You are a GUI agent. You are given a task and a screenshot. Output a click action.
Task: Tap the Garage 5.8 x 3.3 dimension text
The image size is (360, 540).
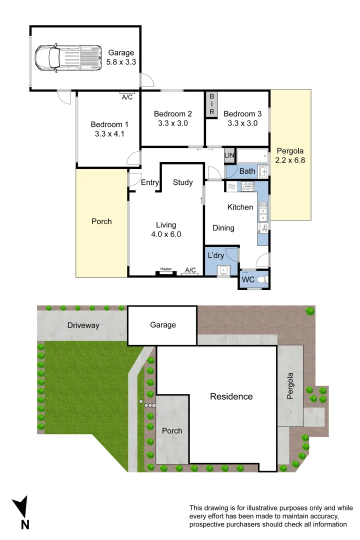122,57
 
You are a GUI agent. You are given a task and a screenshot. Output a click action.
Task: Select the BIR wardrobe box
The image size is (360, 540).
211,104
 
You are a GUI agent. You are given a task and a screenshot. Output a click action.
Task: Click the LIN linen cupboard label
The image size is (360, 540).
229,156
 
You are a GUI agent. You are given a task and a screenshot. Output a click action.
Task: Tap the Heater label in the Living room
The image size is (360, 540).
166,269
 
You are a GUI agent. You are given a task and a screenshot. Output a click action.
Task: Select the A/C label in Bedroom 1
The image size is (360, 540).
127,97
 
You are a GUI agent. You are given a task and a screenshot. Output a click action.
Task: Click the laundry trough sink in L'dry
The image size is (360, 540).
223,270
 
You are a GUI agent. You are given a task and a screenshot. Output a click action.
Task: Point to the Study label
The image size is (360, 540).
182,182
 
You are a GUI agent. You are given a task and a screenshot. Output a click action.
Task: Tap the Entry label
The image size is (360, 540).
149,182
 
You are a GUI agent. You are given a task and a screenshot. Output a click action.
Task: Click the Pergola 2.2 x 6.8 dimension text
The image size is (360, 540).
289,155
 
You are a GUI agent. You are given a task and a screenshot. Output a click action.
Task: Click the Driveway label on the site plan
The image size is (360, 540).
83,325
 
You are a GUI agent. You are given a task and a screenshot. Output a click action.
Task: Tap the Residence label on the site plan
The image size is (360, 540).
231,396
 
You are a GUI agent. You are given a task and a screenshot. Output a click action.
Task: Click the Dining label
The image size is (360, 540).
223,228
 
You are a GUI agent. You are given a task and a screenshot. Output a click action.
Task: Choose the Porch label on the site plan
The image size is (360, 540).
172,430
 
